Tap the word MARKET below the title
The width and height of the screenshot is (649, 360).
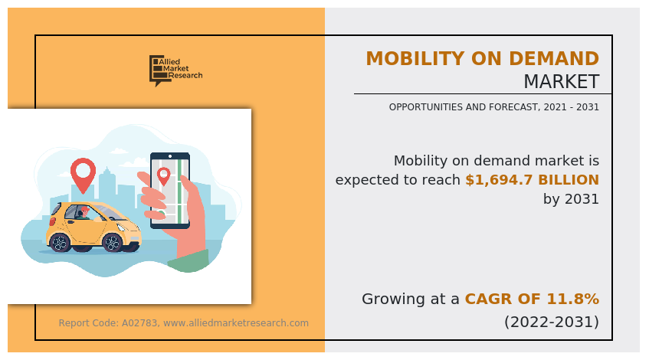pos(561,82)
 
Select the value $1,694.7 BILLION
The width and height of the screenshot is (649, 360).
pos(532,180)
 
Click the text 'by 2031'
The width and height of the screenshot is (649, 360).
pos(571,199)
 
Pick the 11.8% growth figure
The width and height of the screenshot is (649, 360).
pos(574,299)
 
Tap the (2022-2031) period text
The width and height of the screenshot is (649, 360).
pos(551,322)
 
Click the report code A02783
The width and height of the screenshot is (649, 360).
pos(140,323)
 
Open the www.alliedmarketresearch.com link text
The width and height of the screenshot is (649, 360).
pos(236,323)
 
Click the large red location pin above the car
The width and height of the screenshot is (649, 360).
pos(83,172)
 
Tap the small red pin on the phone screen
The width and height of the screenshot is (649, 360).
pos(163,175)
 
